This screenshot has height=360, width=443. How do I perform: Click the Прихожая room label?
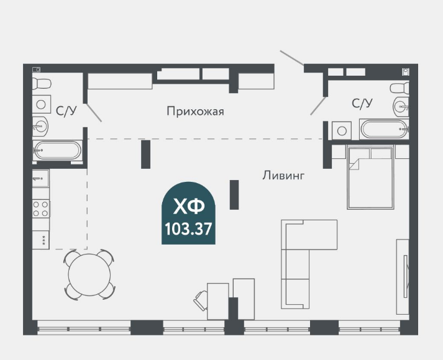click(194, 112)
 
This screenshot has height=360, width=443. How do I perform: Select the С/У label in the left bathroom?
click(66, 111)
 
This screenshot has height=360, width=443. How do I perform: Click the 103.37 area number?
click(188, 228)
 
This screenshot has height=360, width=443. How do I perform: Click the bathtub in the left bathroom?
click(57, 150)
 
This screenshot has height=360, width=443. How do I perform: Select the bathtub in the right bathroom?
click(384, 130)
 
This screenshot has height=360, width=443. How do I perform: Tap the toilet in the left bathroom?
click(42, 84)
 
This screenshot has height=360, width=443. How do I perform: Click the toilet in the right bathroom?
click(399, 87)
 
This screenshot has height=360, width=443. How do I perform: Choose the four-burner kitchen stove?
click(41, 209)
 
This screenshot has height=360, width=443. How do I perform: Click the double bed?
click(370, 178)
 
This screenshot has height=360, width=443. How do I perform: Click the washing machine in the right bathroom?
click(340, 131)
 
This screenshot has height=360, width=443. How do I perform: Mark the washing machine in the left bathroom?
click(42, 104)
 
